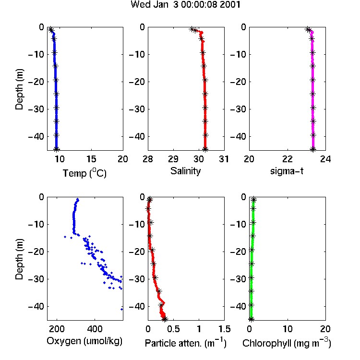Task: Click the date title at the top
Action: pyautogui.click(x=185, y=4)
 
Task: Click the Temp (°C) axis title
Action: pyautogui.click(x=84, y=173)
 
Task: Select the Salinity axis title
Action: pyautogui.click(x=185, y=171)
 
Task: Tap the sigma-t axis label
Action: pyautogui.click(x=287, y=171)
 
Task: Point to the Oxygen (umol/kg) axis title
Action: pyautogui.click(x=84, y=341)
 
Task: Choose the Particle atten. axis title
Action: pyautogui.click(x=185, y=343)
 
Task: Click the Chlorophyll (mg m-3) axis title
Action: pyautogui.click(x=287, y=343)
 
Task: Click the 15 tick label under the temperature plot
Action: pyautogui.click(x=91, y=159)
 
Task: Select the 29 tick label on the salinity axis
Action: pyautogui.click(x=173, y=159)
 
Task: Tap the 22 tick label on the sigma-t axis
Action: pyautogui.click(x=288, y=159)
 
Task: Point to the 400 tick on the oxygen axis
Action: pyautogui.click(x=95, y=329)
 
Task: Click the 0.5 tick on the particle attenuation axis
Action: pyautogui.click(x=173, y=329)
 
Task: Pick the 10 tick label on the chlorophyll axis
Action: pyautogui.click(x=288, y=329)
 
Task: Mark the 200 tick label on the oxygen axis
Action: pyautogui.click(x=57, y=329)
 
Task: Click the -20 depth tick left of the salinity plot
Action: pyautogui.click(x=137, y=82)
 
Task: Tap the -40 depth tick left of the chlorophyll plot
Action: pyautogui.click(x=238, y=306)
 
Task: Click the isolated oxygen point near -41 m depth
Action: pyautogui.click(x=122, y=309)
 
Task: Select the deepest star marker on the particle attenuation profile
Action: pyautogui.click(x=165, y=319)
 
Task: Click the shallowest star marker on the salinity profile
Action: pyautogui.click(x=192, y=29)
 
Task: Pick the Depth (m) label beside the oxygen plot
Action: pyautogui.click(x=19, y=259)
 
